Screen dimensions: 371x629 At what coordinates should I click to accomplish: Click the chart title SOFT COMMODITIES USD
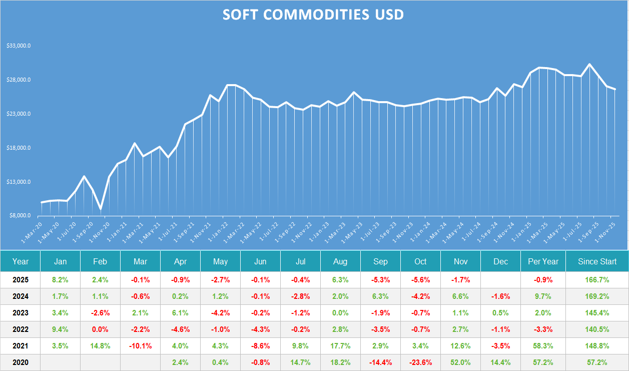pyautogui.click(x=313, y=15)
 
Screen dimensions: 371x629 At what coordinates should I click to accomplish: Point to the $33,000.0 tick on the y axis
pyautogui.click(x=19, y=46)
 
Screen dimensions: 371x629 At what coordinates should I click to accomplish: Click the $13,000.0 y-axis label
pyautogui.click(x=19, y=182)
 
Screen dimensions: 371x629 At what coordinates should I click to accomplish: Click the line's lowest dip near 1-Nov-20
pyautogui.click(x=101, y=209)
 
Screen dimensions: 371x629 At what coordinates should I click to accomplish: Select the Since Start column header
pyautogui.click(x=597, y=261)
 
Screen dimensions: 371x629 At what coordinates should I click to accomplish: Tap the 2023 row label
pyautogui.click(x=21, y=313)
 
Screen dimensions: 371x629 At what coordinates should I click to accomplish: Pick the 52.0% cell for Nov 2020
pyautogui.click(x=460, y=362)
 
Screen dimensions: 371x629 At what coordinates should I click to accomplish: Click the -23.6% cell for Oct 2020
pyautogui.click(x=420, y=362)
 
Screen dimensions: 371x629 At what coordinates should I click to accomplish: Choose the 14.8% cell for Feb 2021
pyautogui.click(x=100, y=346)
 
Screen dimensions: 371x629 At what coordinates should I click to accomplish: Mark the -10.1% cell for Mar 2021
pyautogui.click(x=140, y=346)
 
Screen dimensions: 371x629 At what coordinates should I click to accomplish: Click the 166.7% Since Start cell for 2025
pyautogui.click(x=597, y=280)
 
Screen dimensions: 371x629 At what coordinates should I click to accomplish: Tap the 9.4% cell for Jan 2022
pyautogui.click(x=60, y=329)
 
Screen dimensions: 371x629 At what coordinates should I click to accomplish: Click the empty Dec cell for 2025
pyautogui.click(x=500, y=280)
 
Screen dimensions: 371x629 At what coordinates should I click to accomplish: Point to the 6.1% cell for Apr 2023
pyautogui.click(x=180, y=313)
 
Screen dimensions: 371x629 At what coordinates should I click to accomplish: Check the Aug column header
pyautogui.click(x=340, y=261)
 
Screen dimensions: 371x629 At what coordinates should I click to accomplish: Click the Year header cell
pyautogui.click(x=21, y=261)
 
